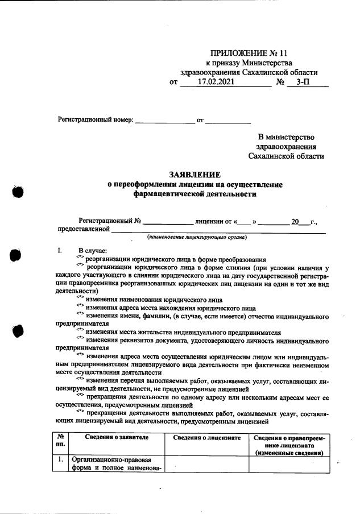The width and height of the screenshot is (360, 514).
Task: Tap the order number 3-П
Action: pos(303,82)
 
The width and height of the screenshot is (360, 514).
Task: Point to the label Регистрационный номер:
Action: pos(96,120)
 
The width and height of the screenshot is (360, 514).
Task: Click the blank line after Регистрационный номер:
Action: pos(164,121)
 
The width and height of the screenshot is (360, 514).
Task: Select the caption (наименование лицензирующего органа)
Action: pos(195,237)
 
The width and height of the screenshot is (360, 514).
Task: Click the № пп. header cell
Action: pos(60,441)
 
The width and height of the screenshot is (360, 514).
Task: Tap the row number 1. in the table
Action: pos(60,460)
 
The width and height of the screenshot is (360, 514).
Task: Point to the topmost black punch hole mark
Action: pos(18,192)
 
